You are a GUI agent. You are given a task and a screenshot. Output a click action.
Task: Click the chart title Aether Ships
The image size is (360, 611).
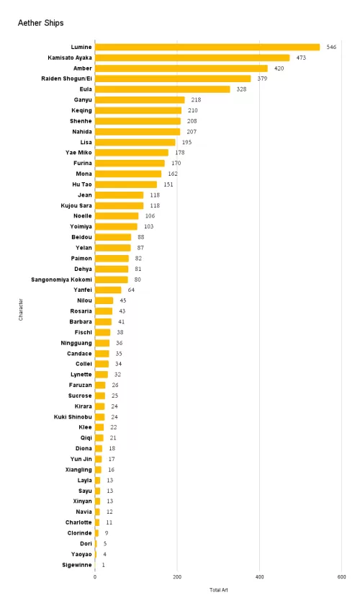click(x=40, y=23)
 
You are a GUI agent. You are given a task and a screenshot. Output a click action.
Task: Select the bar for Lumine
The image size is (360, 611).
click(x=207, y=47)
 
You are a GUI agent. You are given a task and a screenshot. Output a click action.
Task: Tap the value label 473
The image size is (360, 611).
click(x=301, y=58)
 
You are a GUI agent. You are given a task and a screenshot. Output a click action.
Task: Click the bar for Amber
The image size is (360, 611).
click(x=181, y=68)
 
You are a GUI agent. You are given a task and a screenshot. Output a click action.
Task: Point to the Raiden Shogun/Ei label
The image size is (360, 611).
click(x=66, y=79)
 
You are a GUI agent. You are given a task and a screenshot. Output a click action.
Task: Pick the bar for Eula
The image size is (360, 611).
click(x=162, y=89)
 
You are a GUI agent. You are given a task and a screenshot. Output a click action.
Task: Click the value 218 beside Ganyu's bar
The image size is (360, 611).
click(x=196, y=99)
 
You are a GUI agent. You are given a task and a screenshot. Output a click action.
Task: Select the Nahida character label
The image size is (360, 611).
click(x=82, y=132)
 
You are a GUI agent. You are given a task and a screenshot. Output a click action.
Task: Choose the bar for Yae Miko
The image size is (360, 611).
click(x=132, y=153)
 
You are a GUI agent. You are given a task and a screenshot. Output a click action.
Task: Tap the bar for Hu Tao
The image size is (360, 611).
click(x=126, y=184)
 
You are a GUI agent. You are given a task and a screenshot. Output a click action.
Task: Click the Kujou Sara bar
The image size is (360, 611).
click(x=119, y=205)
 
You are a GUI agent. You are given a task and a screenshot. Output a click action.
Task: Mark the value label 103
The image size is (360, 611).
click(x=148, y=226)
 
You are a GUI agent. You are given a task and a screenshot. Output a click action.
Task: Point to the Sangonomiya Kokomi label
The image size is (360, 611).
click(x=61, y=280)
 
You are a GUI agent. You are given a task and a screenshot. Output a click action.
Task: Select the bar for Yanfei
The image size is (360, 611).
click(x=108, y=290)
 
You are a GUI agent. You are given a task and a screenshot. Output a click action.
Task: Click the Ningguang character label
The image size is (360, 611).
click(x=76, y=343)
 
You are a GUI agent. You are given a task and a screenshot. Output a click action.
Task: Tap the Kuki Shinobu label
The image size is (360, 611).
click(x=73, y=417)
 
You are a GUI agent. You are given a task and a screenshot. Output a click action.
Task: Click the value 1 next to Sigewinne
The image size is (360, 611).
click(x=104, y=565)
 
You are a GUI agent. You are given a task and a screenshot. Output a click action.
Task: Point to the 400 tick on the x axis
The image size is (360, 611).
click(x=259, y=577)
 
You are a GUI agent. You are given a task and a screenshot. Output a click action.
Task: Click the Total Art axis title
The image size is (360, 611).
click(x=219, y=590)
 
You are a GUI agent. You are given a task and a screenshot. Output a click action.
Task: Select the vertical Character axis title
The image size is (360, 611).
click(x=21, y=310)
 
